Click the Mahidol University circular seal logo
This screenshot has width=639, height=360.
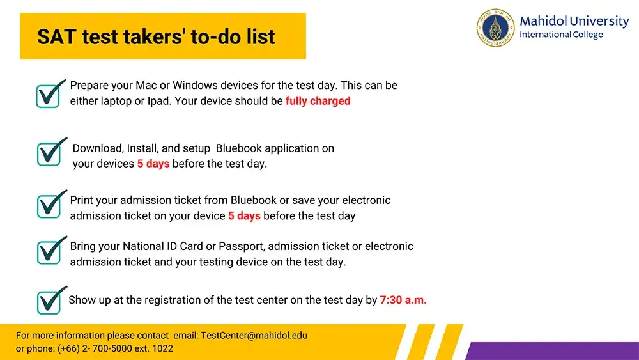point(495,27)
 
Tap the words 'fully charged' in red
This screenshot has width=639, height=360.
point(318,101)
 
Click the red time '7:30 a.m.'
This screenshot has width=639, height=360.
point(403,299)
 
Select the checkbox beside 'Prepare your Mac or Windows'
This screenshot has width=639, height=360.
point(49,95)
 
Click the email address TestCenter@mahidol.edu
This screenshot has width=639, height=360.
point(254,335)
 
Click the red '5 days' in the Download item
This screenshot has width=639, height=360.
point(153,164)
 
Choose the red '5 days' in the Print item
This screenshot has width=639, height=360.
point(244,215)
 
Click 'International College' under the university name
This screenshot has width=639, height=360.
point(561,35)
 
